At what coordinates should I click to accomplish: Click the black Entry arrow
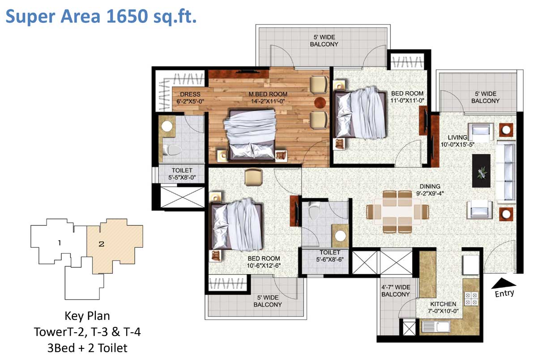point(503,284)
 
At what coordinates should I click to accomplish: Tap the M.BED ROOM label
point(268,98)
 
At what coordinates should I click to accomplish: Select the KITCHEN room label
point(443,308)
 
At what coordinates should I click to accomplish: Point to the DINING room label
point(430,190)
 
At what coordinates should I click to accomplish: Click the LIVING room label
point(457,141)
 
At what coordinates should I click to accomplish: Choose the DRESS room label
point(190,98)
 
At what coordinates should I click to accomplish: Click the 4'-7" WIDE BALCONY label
point(396,291)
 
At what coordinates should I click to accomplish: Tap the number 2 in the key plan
point(102,244)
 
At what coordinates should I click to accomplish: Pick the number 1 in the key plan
point(60,243)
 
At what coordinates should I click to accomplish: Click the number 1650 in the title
point(127,16)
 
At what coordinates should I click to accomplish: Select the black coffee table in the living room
point(481,170)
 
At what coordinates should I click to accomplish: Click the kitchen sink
point(436,326)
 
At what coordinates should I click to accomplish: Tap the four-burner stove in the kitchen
point(471,299)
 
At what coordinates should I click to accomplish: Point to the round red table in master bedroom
point(320,102)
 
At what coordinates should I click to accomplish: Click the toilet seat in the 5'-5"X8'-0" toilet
point(172,150)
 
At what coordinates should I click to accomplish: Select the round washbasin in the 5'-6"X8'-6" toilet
point(340,236)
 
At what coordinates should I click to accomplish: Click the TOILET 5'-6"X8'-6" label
point(330,255)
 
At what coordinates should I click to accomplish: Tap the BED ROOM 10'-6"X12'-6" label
point(264,262)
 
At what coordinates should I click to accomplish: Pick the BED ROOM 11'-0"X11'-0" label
point(407,97)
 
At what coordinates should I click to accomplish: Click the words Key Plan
point(87,316)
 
